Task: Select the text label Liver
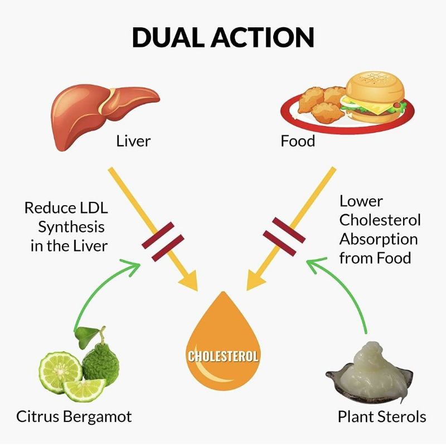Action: [x=133, y=141]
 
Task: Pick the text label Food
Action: [x=298, y=141]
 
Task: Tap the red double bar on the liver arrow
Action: [x=162, y=241]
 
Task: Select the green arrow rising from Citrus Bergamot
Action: [x=95, y=290]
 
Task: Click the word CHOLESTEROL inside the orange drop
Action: [x=223, y=355]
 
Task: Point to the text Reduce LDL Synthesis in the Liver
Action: [x=66, y=227]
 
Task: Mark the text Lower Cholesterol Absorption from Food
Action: [x=380, y=229]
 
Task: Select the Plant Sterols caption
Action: [x=382, y=416]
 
